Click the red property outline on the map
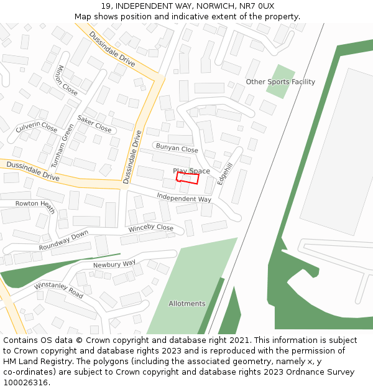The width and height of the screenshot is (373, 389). click(x=187, y=178)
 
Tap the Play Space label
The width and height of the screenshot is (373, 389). click(x=191, y=171)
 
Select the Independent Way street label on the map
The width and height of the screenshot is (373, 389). click(x=183, y=198)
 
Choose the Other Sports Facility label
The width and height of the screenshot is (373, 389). click(x=280, y=82)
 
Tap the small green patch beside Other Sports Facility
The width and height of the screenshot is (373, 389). click(x=280, y=81)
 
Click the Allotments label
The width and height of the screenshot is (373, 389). click(x=187, y=304)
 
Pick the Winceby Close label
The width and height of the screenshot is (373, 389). click(x=151, y=228)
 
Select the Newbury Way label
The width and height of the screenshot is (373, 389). click(x=114, y=264)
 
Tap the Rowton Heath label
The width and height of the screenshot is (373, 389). click(x=35, y=204)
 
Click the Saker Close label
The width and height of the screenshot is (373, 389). click(x=94, y=123)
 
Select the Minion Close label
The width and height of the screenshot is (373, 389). click(x=67, y=80)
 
